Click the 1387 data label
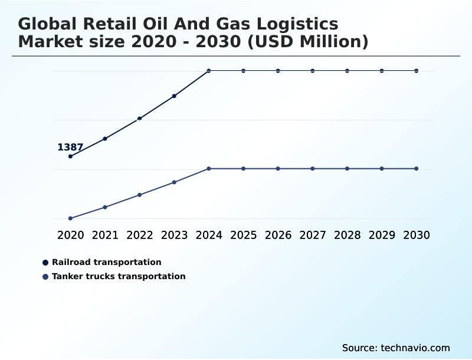pyautogui.click(x=70, y=148)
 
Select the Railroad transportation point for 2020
pyautogui.click(x=70, y=156)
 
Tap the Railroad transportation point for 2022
pyautogui.click(x=140, y=119)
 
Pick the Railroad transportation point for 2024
pyautogui.click(x=209, y=71)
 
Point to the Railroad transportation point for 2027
pyautogui.click(x=313, y=71)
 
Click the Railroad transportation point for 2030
pyautogui.click(x=417, y=71)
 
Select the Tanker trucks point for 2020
pyautogui.click(x=70, y=218)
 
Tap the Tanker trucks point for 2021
pyautogui.click(x=105, y=207)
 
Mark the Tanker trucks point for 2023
pyautogui.click(x=174, y=182)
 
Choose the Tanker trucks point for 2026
pyautogui.click(x=278, y=169)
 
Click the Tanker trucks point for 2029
pyautogui.click(x=382, y=169)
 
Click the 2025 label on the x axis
pyautogui.click(x=243, y=235)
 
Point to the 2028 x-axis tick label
pyautogui.click(x=347, y=235)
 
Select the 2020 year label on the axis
pyautogui.click(x=70, y=235)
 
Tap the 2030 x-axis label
pyautogui.click(x=417, y=235)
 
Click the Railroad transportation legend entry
pyautogui.click(x=106, y=262)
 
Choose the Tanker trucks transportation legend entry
pyautogui.click(x=118, y=276)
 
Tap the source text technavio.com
pyautogui.click(x=415, y=348)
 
